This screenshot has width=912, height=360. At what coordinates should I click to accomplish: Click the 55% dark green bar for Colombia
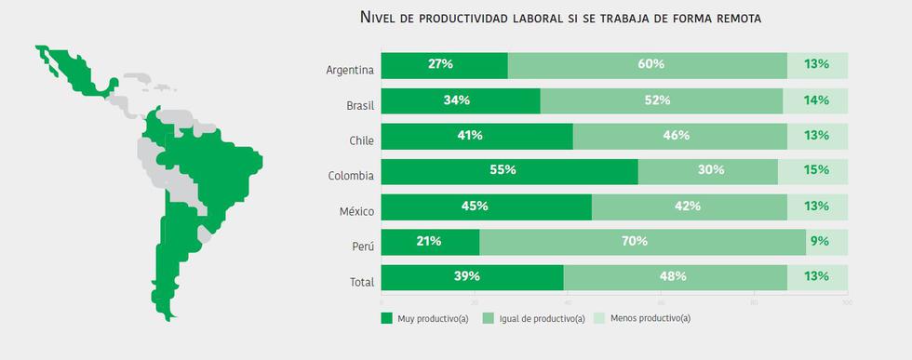(x=509, y=171)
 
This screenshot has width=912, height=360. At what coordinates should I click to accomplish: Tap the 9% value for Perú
(x=819, y=241)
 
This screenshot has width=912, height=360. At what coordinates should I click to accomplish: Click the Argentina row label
(x=350, y=70)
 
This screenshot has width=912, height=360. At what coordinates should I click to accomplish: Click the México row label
(x=356, y=210)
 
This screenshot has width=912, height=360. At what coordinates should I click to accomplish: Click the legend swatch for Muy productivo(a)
(x=388, y=318)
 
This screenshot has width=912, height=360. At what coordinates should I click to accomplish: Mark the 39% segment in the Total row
(x=472, y=276)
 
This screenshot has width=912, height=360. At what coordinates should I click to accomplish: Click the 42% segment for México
(x=689, y=207)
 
